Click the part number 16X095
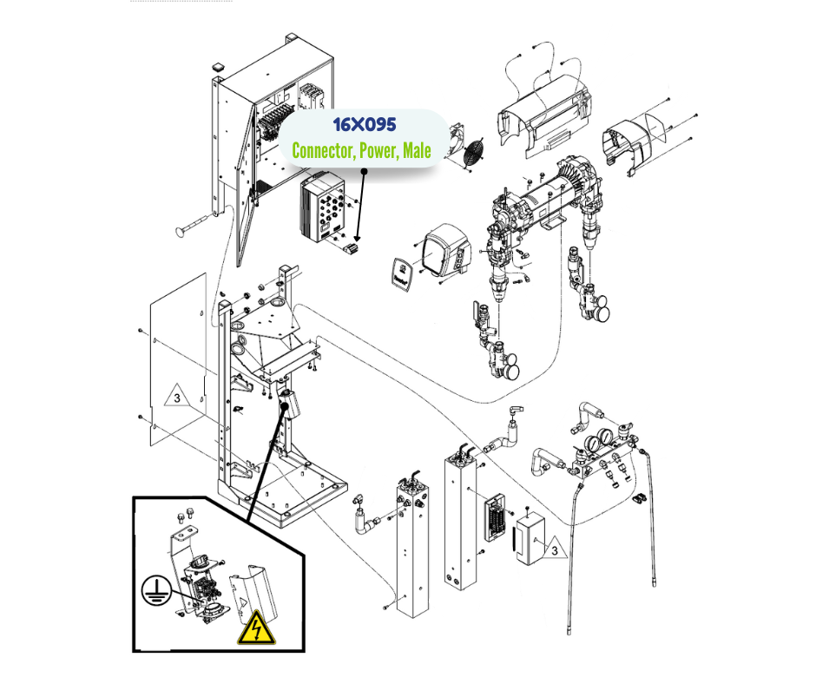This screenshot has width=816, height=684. (x=364, y=126)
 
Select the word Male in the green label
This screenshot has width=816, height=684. (x=417, y=151)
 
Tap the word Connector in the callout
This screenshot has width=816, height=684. (x=321, y=151)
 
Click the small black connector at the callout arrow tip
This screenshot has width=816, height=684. (x=352, y=250)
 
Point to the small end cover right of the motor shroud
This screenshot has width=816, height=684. (x=628, y=138)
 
